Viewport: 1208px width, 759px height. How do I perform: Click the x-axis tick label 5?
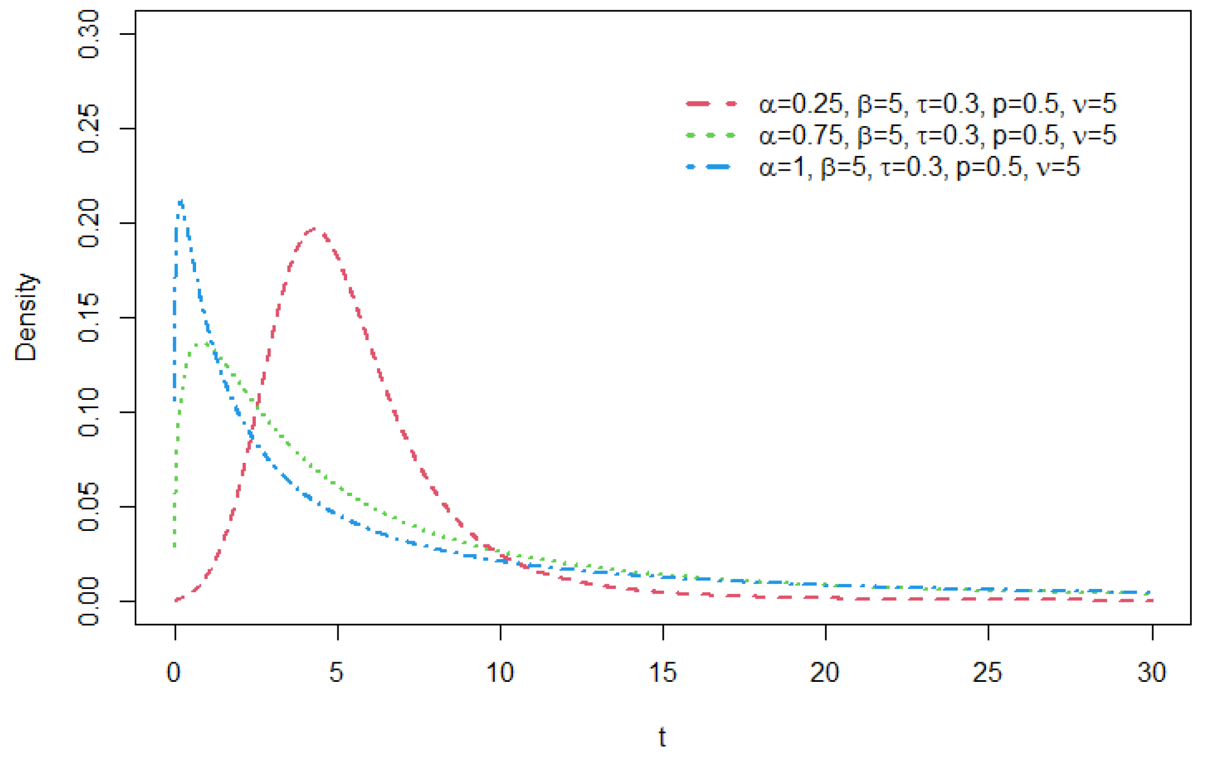(x=336, y=672)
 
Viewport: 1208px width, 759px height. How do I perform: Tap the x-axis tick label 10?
(x=500, y=672)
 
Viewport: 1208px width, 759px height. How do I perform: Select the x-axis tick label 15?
(x=663, y=672)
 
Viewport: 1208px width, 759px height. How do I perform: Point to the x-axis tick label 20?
(x=825, y=672)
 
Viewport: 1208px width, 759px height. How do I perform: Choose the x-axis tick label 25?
(x=988, y=672)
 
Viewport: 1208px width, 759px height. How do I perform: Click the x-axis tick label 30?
(x=1151, y=672)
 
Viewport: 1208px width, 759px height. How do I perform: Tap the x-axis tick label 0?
(x=174, y=672)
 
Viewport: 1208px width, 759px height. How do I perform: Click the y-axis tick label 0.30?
(x=89, y=34)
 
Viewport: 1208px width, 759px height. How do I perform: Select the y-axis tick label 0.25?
(x=89, y=128)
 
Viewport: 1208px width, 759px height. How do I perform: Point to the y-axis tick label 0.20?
(x=89, y=223)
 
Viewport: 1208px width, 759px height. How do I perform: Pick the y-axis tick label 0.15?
(x=89, y=318)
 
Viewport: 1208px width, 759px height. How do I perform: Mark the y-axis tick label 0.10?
(x=89, y=412)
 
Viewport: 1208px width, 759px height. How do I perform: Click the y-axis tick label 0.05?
(x=89, y=507)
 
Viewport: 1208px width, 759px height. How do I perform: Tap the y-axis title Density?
(x=26, y=317)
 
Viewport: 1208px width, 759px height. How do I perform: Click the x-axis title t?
(x=663, y=736)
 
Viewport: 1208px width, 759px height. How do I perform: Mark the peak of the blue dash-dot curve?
(x=180, y=200)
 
